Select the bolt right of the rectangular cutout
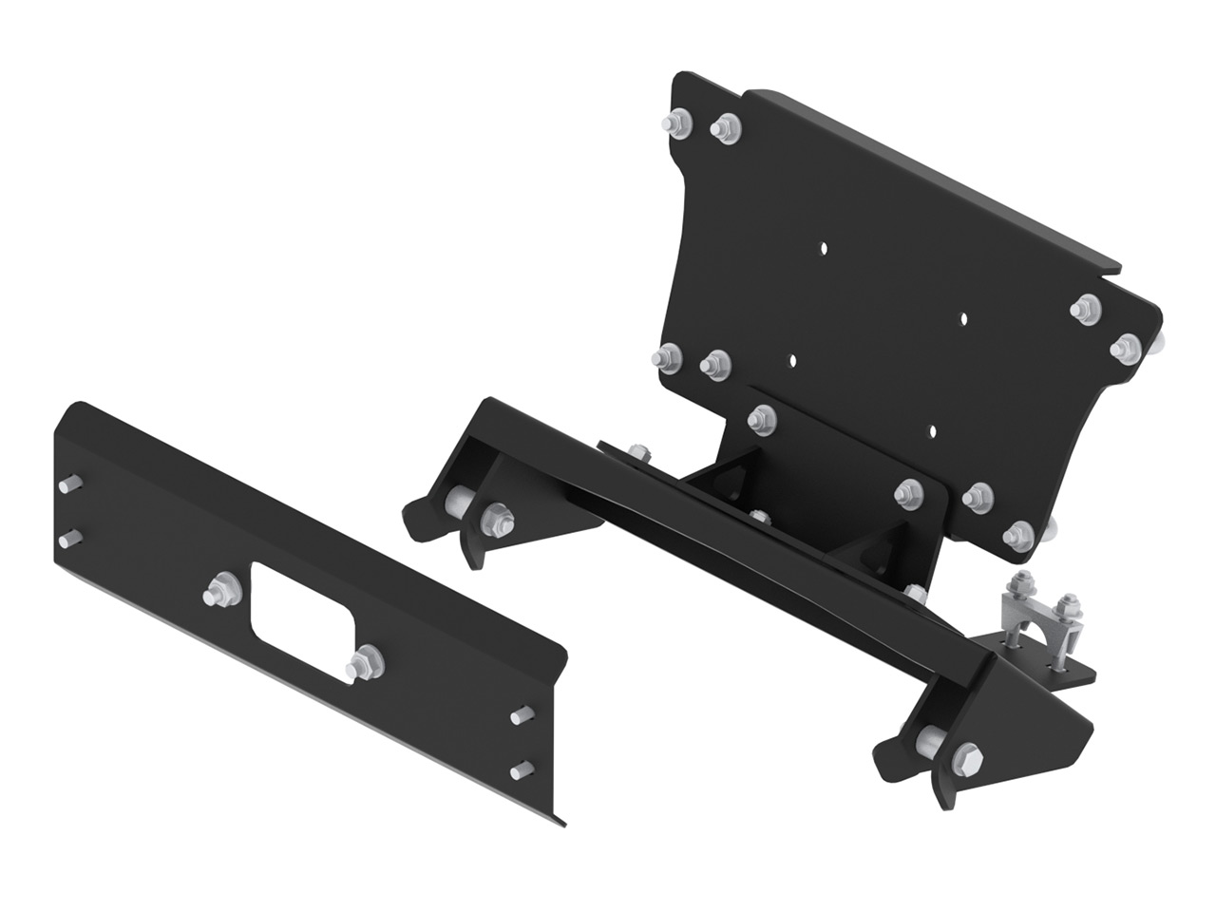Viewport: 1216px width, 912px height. coord(366,662)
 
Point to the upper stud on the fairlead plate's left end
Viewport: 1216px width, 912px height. coord(66,486)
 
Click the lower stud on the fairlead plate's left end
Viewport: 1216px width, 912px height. coord(66,540)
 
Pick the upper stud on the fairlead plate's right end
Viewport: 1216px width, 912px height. coord(520,714)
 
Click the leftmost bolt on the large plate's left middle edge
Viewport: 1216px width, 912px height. coord(665,357)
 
